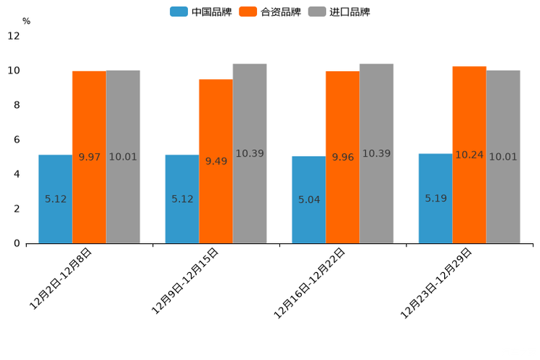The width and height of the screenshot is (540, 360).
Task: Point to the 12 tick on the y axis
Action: tap(14, 36)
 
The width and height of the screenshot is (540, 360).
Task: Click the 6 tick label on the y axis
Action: tap(17, 139)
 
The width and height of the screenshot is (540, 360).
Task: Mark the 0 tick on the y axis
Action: tap(17, 243)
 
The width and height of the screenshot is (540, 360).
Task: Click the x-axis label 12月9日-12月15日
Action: tap(184, 281)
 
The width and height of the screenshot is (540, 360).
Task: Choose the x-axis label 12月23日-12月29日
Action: tap(436, 283)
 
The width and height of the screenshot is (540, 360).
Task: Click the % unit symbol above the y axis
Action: tap(26, 21)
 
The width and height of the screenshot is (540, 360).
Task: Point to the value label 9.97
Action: tap(89, 157)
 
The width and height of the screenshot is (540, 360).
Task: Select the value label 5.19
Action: tap(435, 198)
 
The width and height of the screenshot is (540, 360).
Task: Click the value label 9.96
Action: tap(343, 157)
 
